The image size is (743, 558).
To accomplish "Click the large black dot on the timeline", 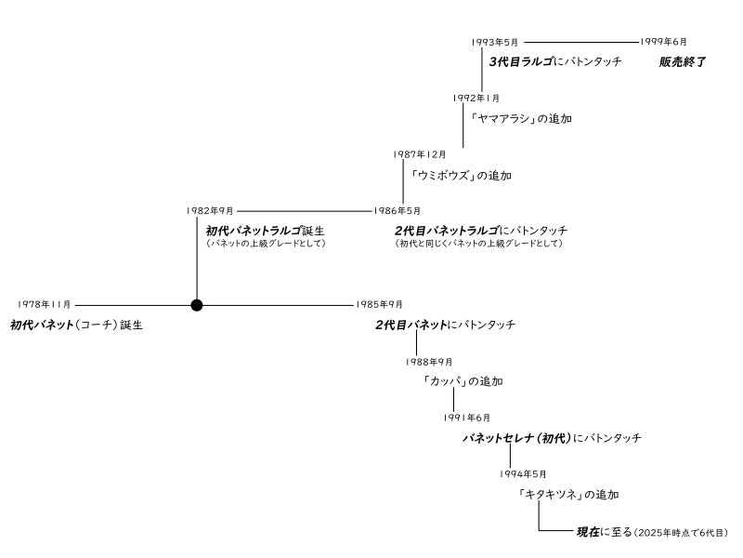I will tap(196, 304).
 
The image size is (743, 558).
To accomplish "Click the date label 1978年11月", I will tap(44, 304).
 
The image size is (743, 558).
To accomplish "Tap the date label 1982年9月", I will tap(210, 211).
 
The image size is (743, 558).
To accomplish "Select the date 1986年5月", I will tap(397, 211).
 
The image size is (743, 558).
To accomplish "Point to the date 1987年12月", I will tap(419, 154).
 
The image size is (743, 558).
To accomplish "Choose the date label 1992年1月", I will tap(476, 98).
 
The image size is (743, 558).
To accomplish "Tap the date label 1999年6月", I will tap(664, 42).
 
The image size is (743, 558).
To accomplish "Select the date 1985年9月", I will tap(379, 304).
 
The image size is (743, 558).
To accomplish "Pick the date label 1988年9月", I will tap(429, 362).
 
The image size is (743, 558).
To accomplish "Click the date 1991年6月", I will tap(467, 418).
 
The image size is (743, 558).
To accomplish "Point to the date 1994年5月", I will tap(524, 474).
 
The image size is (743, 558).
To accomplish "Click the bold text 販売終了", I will tap(683, 62).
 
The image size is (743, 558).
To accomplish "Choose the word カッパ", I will tap(445, 381).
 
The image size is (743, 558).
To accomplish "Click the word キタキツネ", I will tap(552, 495).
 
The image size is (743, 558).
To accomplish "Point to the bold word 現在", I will tap(588, 532).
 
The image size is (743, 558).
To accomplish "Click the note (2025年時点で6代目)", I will tap(682, 533).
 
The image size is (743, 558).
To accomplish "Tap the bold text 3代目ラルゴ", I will tap(519, 62).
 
